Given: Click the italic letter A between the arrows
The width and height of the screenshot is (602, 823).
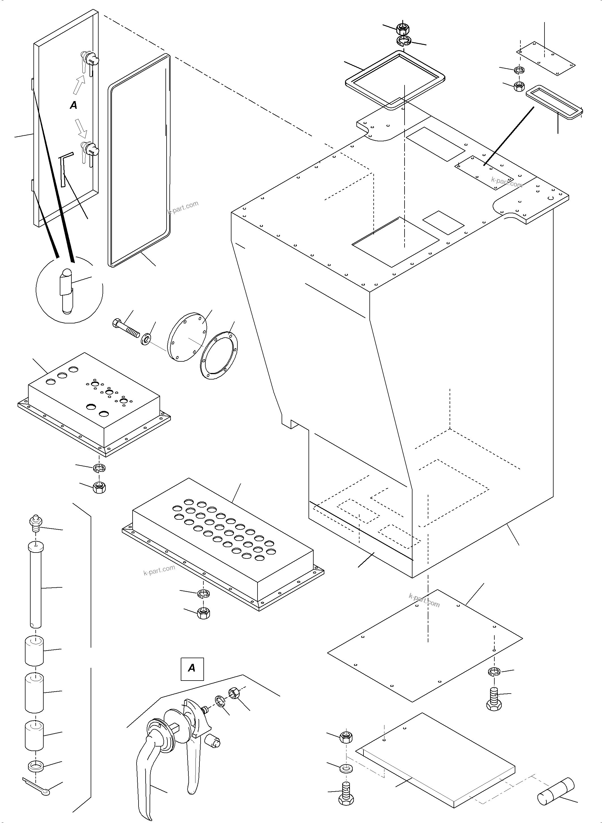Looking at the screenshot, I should pos(74,106).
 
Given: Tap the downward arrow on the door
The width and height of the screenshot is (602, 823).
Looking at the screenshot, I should pos(80,126).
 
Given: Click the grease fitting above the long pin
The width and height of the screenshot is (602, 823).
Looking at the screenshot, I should pos(35,522).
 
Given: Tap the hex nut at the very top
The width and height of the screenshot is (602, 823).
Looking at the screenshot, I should pos(402,28).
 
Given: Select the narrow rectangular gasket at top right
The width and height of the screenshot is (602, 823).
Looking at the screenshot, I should pos(554,102).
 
